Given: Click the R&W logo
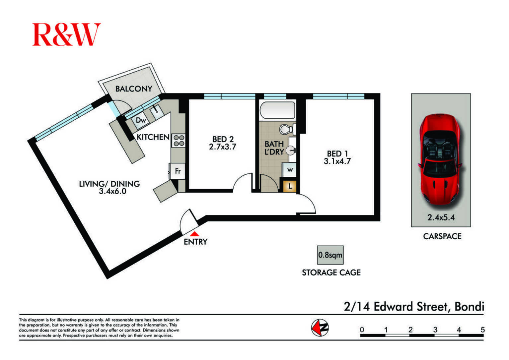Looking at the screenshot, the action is (66, 34).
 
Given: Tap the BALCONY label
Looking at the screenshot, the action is (134, 89).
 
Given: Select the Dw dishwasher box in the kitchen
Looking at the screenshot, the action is (140, 120).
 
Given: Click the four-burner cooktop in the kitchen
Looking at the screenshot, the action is (179, 141).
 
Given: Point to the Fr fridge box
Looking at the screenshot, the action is (177, 171).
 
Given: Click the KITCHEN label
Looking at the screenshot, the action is (153, 137).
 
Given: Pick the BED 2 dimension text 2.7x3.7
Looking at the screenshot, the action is (222, 147).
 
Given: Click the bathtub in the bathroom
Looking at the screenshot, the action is (277, 110).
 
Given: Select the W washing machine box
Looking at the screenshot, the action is (289, 170).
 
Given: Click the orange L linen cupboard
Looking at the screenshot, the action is (290, 186).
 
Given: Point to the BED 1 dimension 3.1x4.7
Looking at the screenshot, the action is (337, 161).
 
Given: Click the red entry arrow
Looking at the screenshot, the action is (194, 234).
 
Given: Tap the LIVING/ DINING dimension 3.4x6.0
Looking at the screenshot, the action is (112, 191).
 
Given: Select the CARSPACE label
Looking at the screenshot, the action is (442, 236).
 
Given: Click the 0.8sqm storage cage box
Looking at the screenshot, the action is (330, 255).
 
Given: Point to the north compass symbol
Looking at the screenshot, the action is (320, 328).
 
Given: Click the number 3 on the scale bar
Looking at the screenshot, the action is (435, 330).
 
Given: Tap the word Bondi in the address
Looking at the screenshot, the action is (469, 307).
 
